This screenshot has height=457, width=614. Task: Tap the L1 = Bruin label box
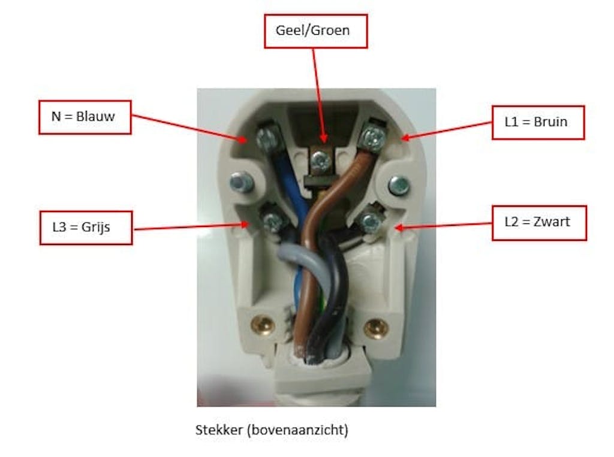click(x=537, y=122)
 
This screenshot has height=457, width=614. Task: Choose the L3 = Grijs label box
click(x=85, y=227)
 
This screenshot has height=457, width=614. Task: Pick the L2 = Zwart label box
click(x=538, y=222)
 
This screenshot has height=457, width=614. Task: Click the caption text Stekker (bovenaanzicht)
click(x=272, y=430)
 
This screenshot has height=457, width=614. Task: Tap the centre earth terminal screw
click(x=320, y=160)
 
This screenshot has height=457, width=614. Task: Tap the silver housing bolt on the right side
click(x=398, y=186)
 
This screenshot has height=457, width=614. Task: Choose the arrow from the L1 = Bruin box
click(x=446, y=130)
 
